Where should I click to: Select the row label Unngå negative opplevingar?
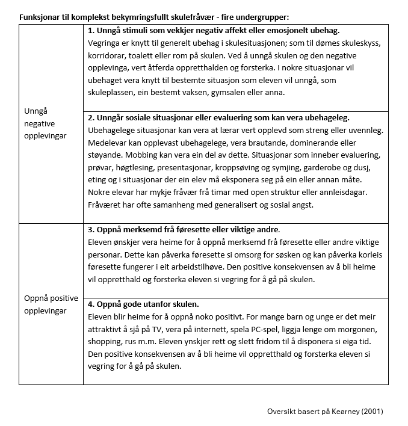[45, 123]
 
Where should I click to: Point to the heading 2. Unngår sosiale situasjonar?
[218, 117]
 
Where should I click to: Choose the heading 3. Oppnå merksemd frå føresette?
[184, 229]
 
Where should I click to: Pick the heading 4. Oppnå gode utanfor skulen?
[143, 304]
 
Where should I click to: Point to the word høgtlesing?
[138, 167]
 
